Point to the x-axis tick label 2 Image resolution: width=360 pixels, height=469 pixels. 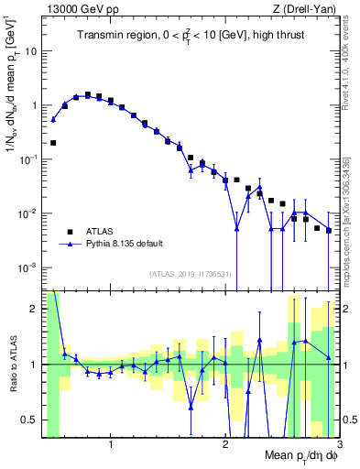pos(224,446)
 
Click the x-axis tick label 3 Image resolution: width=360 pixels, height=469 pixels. pos(338,446)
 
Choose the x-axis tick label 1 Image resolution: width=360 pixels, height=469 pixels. pos(111,446)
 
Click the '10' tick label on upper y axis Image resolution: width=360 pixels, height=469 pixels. pos(30,51)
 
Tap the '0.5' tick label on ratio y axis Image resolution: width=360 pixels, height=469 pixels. pos(28,420)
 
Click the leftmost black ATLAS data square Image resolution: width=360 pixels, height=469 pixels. pos(54,143)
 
